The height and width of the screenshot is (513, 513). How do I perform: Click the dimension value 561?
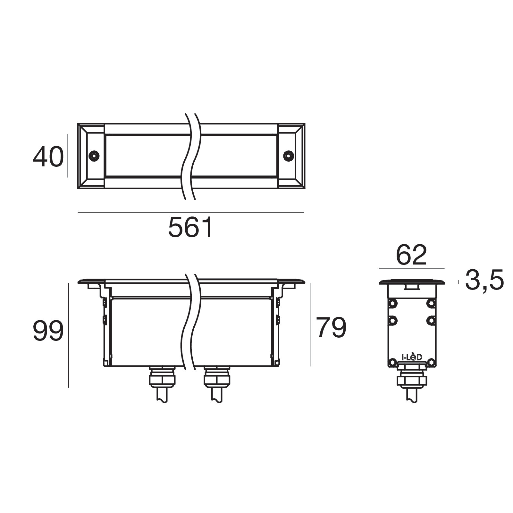coord(190,227)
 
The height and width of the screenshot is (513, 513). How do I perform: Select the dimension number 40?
coord(48,157)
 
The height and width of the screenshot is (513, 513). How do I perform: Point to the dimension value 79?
coord(331,327)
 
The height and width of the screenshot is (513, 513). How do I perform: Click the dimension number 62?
coord(412,255)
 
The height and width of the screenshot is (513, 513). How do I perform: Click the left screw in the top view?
coord(94,156)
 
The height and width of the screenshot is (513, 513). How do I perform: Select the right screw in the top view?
coord(289,156)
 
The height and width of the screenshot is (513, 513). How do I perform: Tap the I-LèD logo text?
coord(412,357)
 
